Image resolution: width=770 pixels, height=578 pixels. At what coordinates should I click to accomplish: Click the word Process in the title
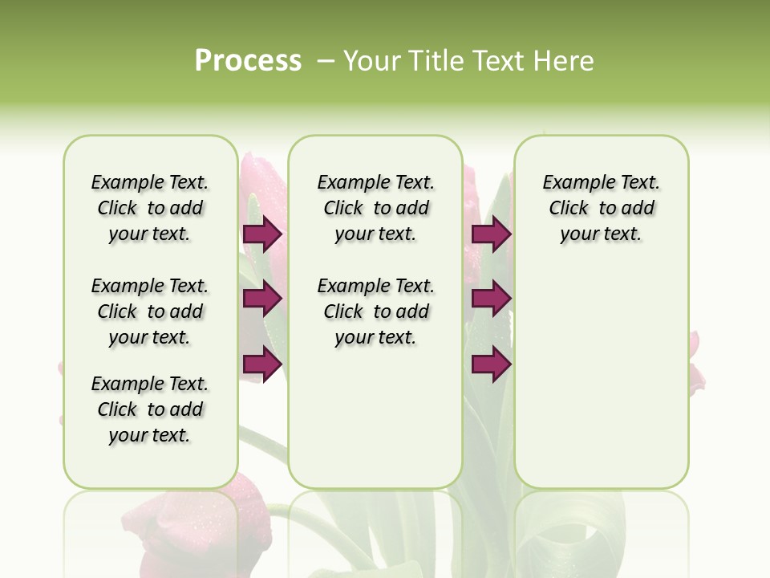[x=248, y=60]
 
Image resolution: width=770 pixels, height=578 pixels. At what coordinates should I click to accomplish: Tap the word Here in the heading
[x=565, y=61]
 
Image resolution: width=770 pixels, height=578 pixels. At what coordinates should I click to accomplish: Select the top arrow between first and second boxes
[x=262, y=234]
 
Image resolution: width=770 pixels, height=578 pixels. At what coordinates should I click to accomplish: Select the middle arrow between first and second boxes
[x=262, y=299]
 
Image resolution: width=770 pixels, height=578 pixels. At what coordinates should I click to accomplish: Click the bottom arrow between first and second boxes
[x=262, y=364]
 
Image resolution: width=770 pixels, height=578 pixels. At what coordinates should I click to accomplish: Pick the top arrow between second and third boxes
[x=491, y=234]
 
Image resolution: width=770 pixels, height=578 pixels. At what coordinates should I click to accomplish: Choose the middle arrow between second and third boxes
[x=491, y=299]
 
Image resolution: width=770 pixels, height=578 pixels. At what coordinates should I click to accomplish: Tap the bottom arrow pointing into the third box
[x=491, y=364]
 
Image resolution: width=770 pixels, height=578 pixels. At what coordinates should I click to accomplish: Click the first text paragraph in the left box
[x=150, y=208]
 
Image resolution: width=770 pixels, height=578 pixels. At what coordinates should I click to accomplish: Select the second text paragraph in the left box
[x=150, y=311]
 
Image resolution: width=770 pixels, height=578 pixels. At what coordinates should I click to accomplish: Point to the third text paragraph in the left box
[x=150, y=409]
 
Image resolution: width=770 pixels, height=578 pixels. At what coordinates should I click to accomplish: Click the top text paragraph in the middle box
[x=375, y=208]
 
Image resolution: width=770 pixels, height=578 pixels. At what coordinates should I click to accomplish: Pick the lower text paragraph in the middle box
[x=375, y=311]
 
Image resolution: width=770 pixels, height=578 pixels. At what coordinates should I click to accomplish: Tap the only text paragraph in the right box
[x=601, y=208]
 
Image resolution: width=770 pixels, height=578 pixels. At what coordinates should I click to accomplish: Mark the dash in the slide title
[x=326, y=61]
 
